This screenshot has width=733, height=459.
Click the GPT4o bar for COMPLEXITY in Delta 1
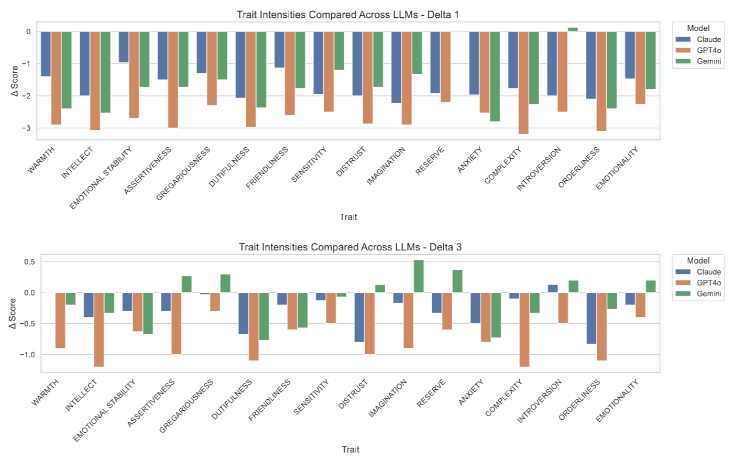tap(523, 82)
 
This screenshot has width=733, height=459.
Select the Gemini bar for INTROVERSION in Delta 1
tap(572, 29)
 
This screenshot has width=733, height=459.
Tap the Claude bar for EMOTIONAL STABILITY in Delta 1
tap(124, 47)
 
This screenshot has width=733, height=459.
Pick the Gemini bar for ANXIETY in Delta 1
tap(495, 76)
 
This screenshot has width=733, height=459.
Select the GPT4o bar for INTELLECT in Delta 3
tap(99, 329)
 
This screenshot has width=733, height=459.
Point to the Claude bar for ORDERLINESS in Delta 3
tap(592, 318)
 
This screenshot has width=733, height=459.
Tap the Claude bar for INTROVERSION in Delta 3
tap(553, 289)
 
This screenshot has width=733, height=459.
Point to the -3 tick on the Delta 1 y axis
tap(28, 128)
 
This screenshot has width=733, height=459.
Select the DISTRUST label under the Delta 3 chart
tap(353, 394)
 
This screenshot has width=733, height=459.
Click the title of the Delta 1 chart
tap(348, 14)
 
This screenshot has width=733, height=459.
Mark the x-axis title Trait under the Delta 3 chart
tap(350, 449)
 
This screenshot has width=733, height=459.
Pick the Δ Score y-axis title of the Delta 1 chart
tap(15, 81)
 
